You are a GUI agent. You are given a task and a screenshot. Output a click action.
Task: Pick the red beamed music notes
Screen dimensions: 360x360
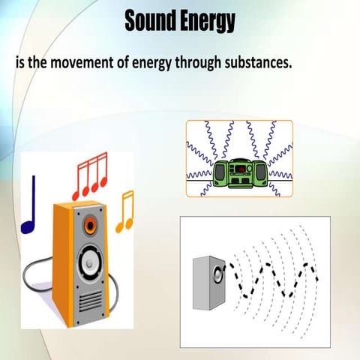coord(90,174)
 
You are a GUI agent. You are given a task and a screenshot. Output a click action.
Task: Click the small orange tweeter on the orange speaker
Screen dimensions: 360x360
coord(91,223)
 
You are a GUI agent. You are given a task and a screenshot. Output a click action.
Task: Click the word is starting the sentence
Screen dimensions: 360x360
coord(20,62)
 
